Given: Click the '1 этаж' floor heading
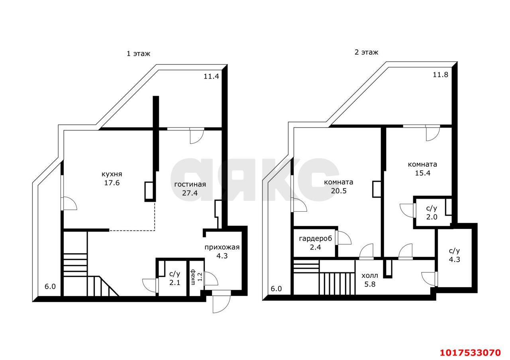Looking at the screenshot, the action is click(x=138, y=54).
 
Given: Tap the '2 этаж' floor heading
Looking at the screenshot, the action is click(x=366, y=52).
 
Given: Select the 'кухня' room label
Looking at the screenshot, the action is click(x=112, y=174).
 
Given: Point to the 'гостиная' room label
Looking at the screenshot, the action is click(x=190, y=184).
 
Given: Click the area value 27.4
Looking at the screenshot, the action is click(x=190, y=193).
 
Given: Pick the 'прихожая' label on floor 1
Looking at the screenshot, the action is click(x=222, y=248).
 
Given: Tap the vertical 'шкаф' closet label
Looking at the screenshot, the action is click(x=193, y=277).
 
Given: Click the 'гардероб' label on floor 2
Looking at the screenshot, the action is click(x=316, y=238).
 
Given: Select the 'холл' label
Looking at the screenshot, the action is click(x=370, y=276).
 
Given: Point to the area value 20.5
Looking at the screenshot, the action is click(x=339, y=191).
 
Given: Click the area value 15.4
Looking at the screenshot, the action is click(x=423, y=173).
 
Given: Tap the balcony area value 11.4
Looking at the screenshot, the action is click(x=211, y=76).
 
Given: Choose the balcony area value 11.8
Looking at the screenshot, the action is click(x=440, y=75).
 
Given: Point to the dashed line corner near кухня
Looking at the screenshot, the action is click(x=155, y=230).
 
